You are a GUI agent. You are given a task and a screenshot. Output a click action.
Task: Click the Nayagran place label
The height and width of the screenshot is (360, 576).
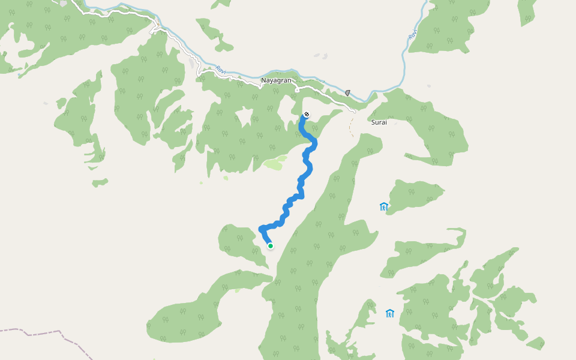(275, 80)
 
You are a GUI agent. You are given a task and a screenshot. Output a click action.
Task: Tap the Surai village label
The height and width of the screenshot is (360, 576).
(379, 122)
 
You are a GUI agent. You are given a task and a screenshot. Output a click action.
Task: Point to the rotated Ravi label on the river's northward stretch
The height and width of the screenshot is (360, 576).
(413, 36)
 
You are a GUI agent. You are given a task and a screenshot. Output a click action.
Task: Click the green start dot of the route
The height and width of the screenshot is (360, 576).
(271, 246)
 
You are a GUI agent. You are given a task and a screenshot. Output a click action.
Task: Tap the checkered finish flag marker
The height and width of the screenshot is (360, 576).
(307, 114)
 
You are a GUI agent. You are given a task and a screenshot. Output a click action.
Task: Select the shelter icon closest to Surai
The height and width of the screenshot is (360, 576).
(384, 207)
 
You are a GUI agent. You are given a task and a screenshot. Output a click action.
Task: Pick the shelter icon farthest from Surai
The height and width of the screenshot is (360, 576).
(390, 313)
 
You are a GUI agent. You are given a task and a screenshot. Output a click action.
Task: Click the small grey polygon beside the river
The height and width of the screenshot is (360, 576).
(347, 93)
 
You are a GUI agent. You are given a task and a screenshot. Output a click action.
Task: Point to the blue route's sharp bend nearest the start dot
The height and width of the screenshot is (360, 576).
(261, 229)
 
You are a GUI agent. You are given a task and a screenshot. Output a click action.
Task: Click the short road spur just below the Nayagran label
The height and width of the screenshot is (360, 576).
(296, 91)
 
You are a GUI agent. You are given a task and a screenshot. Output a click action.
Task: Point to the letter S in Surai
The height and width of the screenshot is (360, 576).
(373, 122)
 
